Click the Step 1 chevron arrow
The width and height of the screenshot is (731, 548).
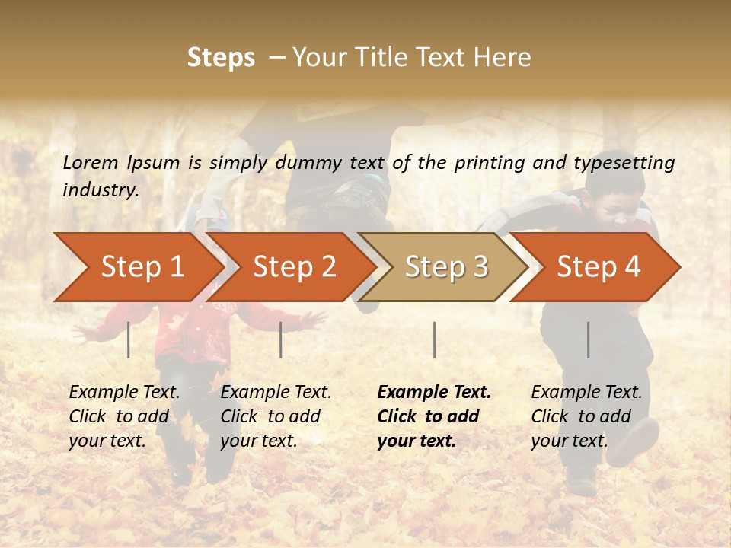[141, 267]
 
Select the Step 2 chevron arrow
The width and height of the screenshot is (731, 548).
[293, 267]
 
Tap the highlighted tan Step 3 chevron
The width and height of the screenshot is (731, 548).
[445, 267]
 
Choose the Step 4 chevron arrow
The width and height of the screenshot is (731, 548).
[598, 267]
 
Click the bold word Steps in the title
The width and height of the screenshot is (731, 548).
[221, 58]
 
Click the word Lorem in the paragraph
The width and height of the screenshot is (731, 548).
[91, 162]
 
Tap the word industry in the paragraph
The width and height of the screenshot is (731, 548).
[100, 190]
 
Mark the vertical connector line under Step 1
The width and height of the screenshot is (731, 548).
[129, 339]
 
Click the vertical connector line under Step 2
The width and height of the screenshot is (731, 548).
[281, 339]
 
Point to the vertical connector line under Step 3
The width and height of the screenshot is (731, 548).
[434, 339]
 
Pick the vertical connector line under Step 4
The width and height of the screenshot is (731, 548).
[588, 339]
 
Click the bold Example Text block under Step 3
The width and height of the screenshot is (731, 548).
[434, 416]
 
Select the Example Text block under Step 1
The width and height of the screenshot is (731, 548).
[124, 416]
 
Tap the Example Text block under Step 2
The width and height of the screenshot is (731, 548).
[276, 416]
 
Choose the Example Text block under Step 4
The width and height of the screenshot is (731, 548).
[586, 416]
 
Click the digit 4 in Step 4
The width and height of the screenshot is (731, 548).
[632, 267]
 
